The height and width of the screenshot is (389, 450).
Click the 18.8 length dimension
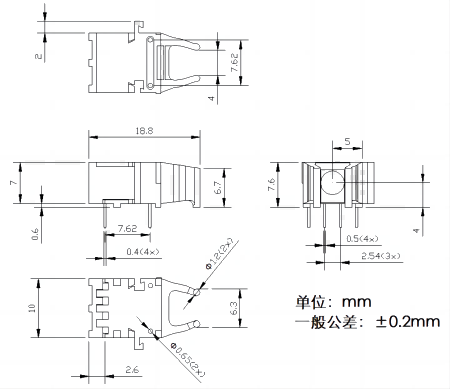144,131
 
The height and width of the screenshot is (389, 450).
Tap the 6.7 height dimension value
218,187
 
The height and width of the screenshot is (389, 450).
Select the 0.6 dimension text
35,234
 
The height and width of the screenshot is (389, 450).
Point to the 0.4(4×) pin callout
143,251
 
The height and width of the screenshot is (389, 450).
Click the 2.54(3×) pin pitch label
381,256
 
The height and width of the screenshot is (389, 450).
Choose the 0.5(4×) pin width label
362,239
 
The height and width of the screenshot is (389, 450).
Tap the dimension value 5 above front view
347,142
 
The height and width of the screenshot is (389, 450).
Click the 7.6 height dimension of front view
272,184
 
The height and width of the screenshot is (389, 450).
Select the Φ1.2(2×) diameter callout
219,253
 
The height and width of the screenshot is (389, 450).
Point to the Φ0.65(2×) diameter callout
187,359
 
